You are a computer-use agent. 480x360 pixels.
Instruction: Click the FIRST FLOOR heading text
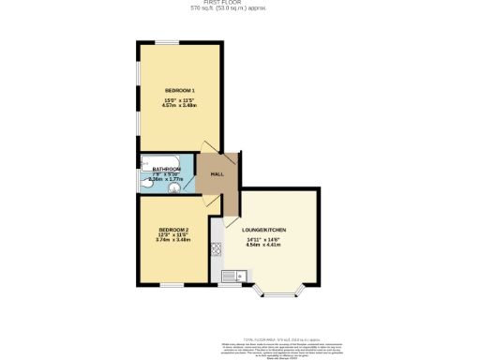pyautogui.click(x=239, y=3)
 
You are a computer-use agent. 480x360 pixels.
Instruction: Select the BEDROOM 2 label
pyautogui.click(x=173, y=231)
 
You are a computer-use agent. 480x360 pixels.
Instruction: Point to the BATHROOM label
pyautogui.click(x=166, y=169)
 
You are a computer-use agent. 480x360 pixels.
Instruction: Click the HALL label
pyautogui.click(x=217, y=174)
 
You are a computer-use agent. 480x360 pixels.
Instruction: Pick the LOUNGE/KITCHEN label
pyautogui.click(x=263, y=231)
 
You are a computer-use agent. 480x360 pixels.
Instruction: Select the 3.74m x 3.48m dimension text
pyautogui.click(x=173, y=241)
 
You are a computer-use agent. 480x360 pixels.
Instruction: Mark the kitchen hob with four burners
pyautogui.click(x=217, y=248)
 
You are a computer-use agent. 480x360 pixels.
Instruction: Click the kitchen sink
pyautogui.click(x=238, y=276)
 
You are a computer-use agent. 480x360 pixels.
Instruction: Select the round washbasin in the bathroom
pyautogui.click(x=174, y=186)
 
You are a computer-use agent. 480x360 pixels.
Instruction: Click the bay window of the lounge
pyautogui.click(x=278, y=293)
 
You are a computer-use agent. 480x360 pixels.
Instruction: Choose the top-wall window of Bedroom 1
pyautogui.click(x=168, y=41)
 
